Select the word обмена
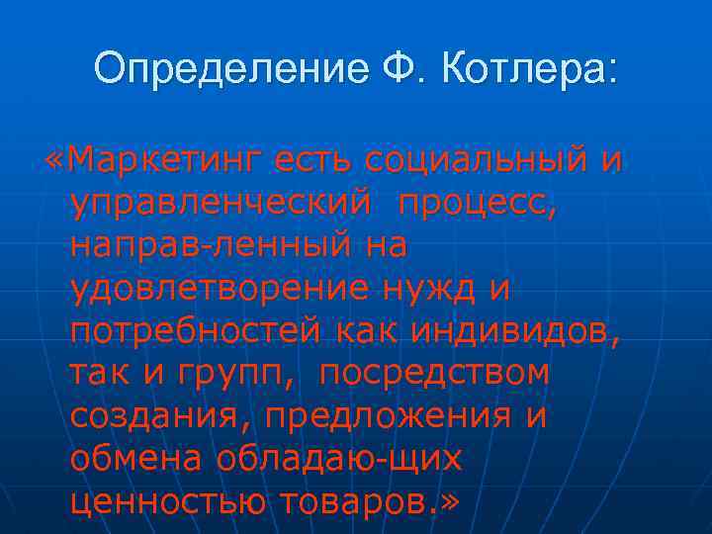(x=134, y=460)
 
